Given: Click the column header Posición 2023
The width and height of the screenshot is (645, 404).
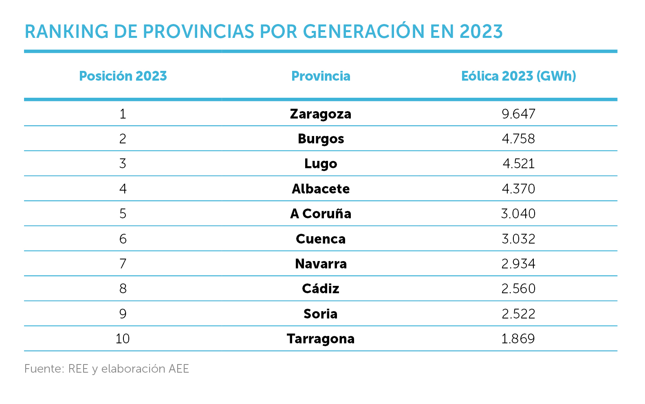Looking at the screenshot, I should (123, 76).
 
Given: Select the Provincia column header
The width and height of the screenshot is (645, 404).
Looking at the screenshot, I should (321, 76).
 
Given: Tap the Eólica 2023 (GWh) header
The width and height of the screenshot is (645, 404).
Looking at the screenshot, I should (518, 76).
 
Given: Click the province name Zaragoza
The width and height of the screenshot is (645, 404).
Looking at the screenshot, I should (321, 114).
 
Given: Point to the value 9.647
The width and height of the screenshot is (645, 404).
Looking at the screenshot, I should (518, 114).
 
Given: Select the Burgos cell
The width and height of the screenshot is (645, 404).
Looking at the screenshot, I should (321, 139).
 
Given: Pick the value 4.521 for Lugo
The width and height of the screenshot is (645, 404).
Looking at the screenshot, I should (518, 164).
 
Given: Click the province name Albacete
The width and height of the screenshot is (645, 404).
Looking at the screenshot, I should (321, 189).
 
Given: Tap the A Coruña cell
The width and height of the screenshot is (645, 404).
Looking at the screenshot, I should (321, 214).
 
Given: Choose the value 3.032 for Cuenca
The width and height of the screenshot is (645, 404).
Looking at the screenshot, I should (518, 239).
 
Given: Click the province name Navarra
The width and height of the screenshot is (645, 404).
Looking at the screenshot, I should (321, 264).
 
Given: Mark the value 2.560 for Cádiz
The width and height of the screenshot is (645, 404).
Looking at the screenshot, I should (518, 289).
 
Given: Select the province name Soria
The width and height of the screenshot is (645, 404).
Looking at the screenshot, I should (321, 314).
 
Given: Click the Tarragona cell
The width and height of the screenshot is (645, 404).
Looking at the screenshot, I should (321, 339).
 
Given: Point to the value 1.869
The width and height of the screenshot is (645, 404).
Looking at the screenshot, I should (518, 339).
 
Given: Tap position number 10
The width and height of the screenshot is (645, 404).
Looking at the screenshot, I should (123, 339).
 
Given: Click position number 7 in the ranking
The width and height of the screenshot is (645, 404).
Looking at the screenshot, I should (123, 264).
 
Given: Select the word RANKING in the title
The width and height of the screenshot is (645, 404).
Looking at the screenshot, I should (66, 32).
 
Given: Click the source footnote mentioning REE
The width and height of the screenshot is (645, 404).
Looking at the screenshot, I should (107, 369).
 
